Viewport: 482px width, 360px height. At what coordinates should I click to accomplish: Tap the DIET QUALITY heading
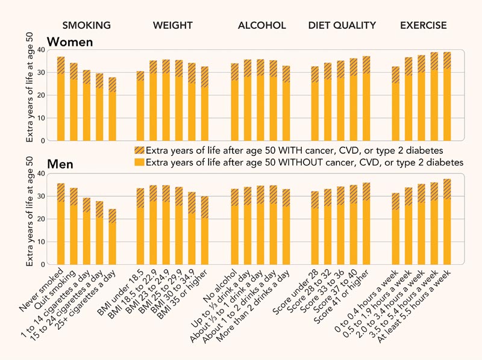342,25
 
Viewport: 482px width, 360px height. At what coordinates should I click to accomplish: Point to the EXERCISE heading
424,25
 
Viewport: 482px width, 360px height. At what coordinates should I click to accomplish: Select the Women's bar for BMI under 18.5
140,106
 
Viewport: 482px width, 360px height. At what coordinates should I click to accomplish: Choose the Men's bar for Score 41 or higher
366,223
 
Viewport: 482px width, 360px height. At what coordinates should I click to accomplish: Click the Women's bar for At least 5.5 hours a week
447,96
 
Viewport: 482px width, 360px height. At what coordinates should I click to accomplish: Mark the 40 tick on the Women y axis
42,50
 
